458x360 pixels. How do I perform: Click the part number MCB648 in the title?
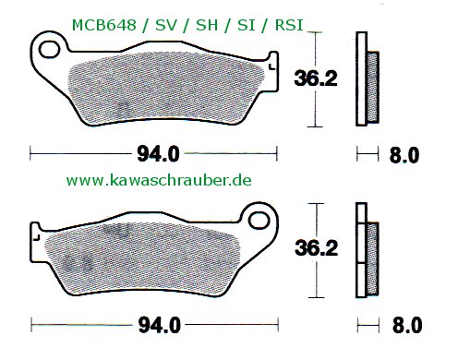(x=103, y=25)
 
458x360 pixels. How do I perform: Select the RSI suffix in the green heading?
(x=289, y=25)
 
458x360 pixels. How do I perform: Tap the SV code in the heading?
(x=166, y=25)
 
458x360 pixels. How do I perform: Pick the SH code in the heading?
(x=207, y=25)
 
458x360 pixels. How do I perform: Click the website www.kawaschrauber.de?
(x=159, y=180)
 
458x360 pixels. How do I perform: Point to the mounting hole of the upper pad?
(x=49, y=49)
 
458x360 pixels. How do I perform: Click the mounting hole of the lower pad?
(x=259, y=221)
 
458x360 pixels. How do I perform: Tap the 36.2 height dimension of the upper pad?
(x=316, y=78)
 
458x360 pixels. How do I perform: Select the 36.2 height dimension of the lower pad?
(x=317, y=248)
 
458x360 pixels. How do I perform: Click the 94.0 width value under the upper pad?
(x=158, y=154)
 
